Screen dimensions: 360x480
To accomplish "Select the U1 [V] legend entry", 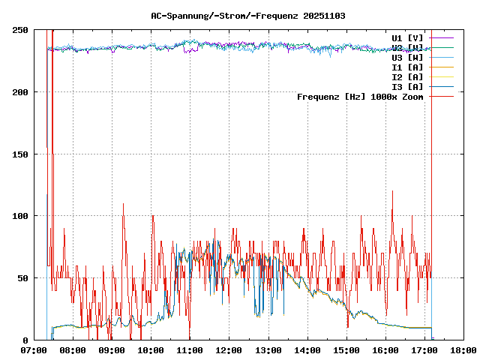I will point(407,37).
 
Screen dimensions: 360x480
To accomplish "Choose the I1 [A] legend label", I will point(407,67).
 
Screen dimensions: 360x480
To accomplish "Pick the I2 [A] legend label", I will point(407,76).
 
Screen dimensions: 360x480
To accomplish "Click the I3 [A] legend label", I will point(407,86).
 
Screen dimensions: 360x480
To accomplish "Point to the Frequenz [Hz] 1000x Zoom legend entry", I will point(360,96).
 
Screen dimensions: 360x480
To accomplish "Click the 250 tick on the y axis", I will point(21,30).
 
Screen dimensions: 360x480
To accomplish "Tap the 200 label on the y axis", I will point(21,92).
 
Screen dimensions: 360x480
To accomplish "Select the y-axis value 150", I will point(21,154).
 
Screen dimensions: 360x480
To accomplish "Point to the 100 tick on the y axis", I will point(21,216).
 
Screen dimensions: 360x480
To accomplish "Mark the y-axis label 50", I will point(23,278).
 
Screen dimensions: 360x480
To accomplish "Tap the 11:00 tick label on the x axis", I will point(190,350).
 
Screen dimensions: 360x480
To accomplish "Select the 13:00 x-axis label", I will point(268,350).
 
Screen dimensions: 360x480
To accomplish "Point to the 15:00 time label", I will point(346,350).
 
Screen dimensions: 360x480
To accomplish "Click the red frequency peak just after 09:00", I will point(123,204).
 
